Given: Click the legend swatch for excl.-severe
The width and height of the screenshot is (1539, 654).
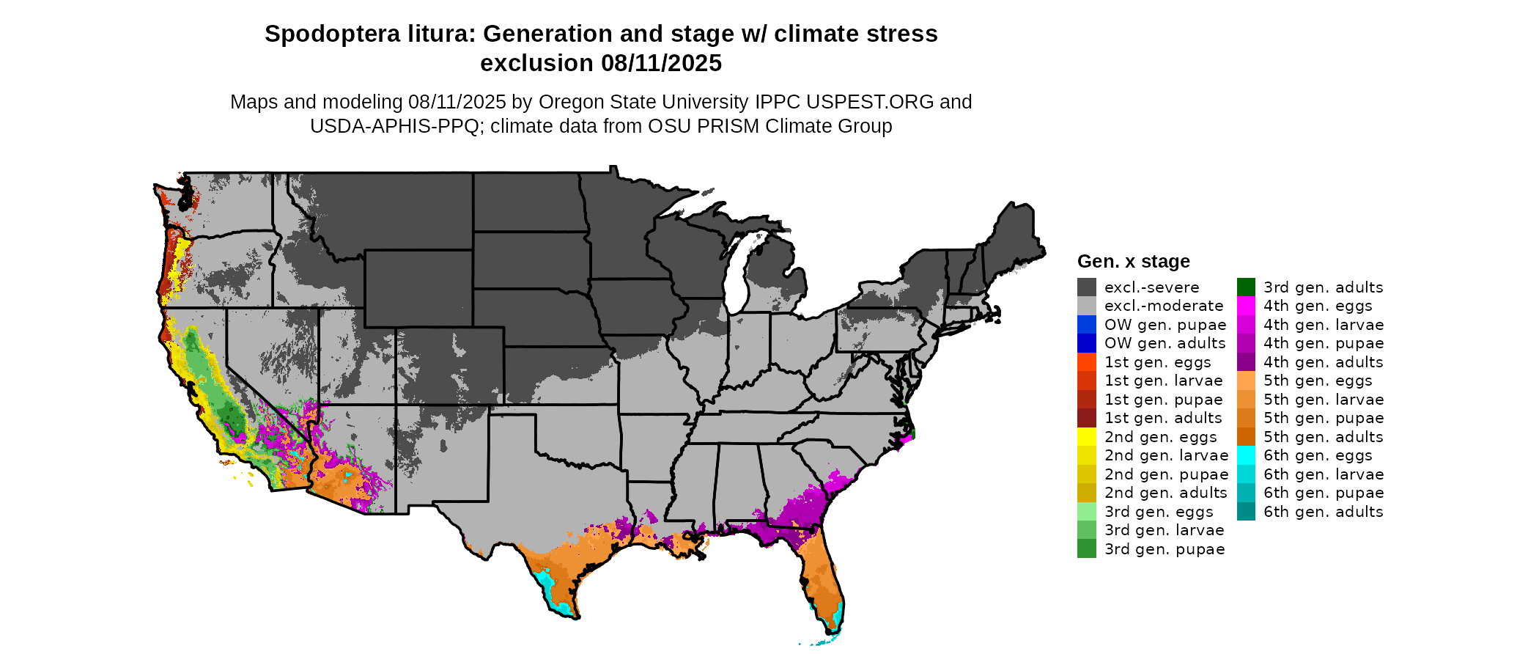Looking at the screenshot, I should coord(1086,287).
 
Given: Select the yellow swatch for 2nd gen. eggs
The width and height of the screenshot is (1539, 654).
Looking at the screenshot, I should coord(1086,437).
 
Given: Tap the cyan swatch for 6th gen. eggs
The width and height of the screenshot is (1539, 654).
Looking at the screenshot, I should coord(1246,455).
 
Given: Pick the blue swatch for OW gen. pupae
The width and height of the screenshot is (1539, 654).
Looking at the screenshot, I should coord(1086,325).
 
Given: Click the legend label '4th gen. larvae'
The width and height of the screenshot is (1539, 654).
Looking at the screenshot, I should coord(1323,325).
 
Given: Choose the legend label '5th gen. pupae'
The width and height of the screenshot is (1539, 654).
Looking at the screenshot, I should coord(1323,418).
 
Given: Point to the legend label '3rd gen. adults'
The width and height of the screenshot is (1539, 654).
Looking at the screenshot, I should coord(1323,287).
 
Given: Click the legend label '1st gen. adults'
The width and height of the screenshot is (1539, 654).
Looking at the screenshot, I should coord(1163,418).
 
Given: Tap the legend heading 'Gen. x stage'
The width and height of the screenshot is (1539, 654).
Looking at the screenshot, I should coord(1133,262).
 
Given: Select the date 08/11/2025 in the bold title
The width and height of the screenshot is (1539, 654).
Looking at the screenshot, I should coord(661,64).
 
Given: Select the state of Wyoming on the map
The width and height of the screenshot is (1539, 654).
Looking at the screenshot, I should coord(418,288).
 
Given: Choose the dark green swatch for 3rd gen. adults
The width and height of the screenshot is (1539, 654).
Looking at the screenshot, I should coord(1246,287).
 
